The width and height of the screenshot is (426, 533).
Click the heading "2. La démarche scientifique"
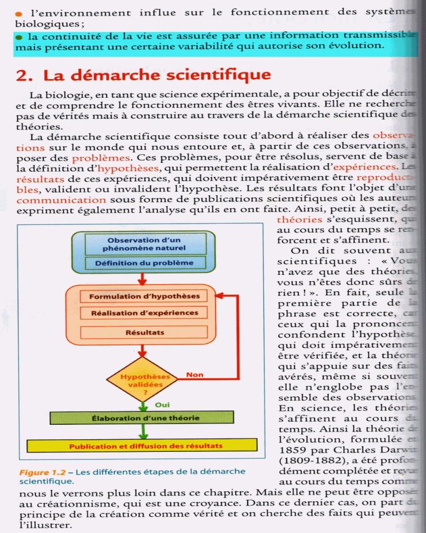coord(144,75)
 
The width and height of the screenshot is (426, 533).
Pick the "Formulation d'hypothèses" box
coord(144,297)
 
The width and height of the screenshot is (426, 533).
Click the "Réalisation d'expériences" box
coord(144,313)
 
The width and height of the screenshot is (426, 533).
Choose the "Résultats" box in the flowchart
coord(144,332)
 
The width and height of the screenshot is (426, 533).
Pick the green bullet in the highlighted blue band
coord(20,36)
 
